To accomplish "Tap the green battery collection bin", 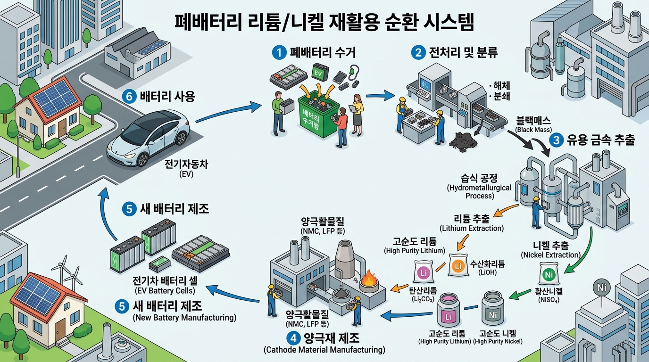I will click(315, 115).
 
